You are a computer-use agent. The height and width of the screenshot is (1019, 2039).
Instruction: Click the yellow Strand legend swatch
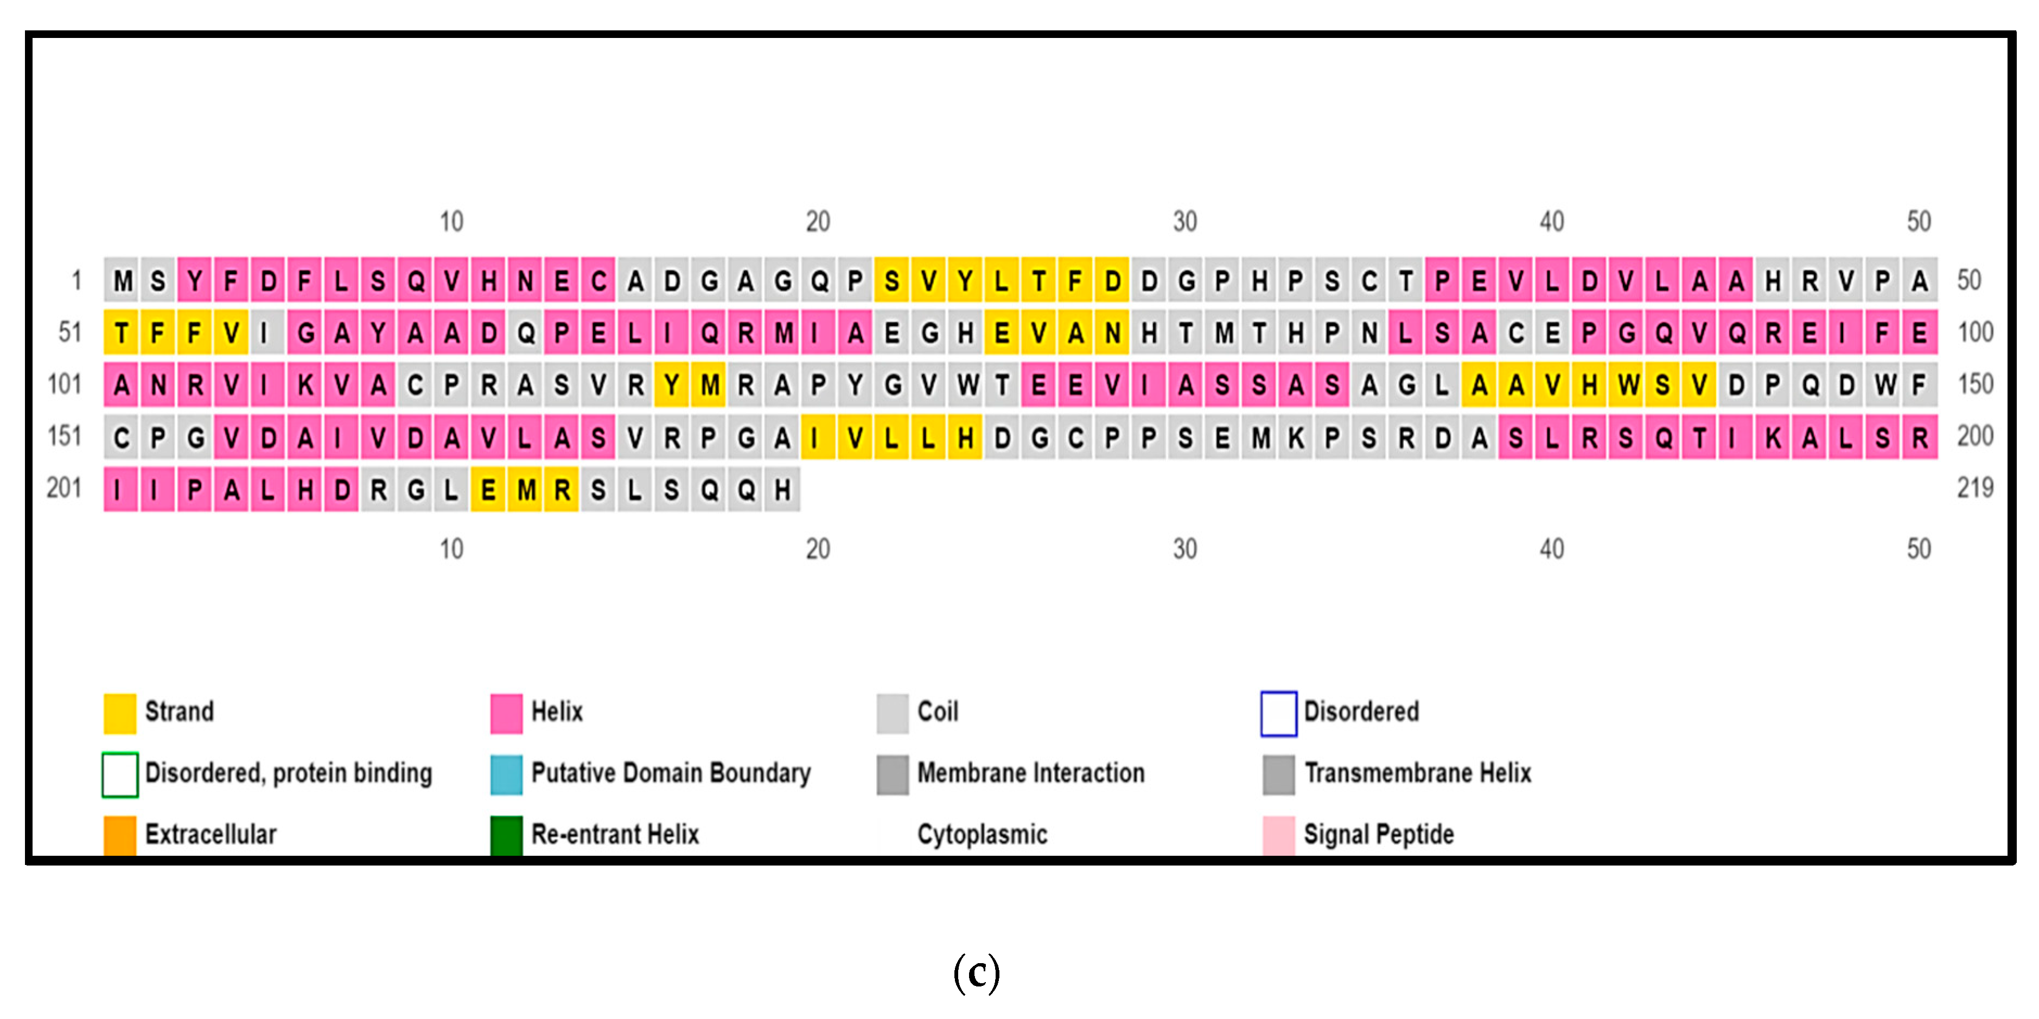(x=119, y=713)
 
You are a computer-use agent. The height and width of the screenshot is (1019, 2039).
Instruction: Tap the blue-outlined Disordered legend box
(x=1278, y=713)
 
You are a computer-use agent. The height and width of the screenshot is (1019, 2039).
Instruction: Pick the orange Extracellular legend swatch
(x=119, y=835)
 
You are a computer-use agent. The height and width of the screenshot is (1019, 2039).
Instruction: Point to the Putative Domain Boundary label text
(x=671, y=773)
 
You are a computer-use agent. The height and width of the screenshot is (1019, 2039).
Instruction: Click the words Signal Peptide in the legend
(x=1378, y=835)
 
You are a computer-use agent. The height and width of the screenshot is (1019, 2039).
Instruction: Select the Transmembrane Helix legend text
(x=1417, y=773)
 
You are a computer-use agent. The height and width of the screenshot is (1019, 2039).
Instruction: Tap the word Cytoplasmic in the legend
(x=982, y=835)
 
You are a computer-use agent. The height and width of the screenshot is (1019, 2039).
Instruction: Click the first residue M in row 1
(x=122, y=280)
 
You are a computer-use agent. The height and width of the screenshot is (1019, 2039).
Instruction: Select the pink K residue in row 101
(x=305, y=384)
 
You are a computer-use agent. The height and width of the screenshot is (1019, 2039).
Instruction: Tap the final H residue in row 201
(x=782, y=490)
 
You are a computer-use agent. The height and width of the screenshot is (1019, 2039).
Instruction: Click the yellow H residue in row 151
(x=965, y=437)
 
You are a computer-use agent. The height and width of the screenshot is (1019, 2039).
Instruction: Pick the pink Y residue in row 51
(x=378, y=332)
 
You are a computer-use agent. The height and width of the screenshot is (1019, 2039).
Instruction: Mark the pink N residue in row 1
(x=525, y=280)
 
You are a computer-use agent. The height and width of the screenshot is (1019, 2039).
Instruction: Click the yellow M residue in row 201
(x=526, y=490)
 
